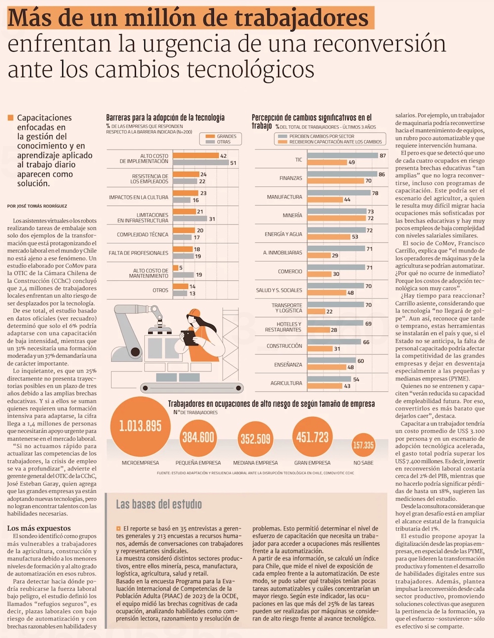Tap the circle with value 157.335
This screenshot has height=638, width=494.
(363, 445)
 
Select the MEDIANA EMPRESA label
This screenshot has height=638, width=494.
(255, 463)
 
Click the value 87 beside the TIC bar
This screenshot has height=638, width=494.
(383, 155)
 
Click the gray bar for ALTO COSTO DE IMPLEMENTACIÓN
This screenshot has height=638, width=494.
(201, 163)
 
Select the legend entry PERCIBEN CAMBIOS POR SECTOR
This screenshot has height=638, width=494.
(321, 136)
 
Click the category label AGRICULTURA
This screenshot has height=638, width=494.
(286, 383)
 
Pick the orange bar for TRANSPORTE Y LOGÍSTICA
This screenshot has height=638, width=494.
(316, 311)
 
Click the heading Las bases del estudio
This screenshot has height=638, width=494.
(159, 504)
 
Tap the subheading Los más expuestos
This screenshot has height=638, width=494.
(39, 528)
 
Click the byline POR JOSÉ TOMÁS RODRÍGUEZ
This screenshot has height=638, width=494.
(37, 206)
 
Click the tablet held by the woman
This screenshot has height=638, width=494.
(189, 338)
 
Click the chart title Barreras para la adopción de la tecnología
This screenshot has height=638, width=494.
(165, 117)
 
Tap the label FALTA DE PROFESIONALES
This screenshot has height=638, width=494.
(138, 253)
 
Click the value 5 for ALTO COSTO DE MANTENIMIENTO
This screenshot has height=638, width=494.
(181, 268)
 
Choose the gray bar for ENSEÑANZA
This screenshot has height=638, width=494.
(331, 361)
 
